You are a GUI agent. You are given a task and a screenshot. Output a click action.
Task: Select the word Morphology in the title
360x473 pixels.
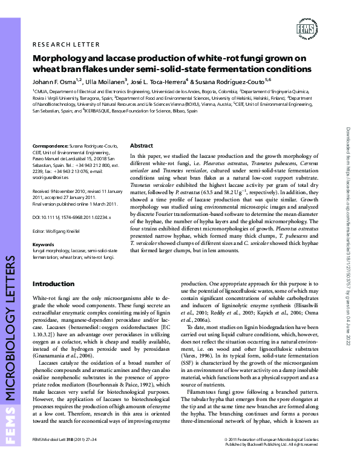58,59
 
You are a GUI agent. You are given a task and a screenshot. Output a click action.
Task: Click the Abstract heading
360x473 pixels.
142,146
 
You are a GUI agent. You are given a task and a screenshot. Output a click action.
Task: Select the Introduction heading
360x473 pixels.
53,284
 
